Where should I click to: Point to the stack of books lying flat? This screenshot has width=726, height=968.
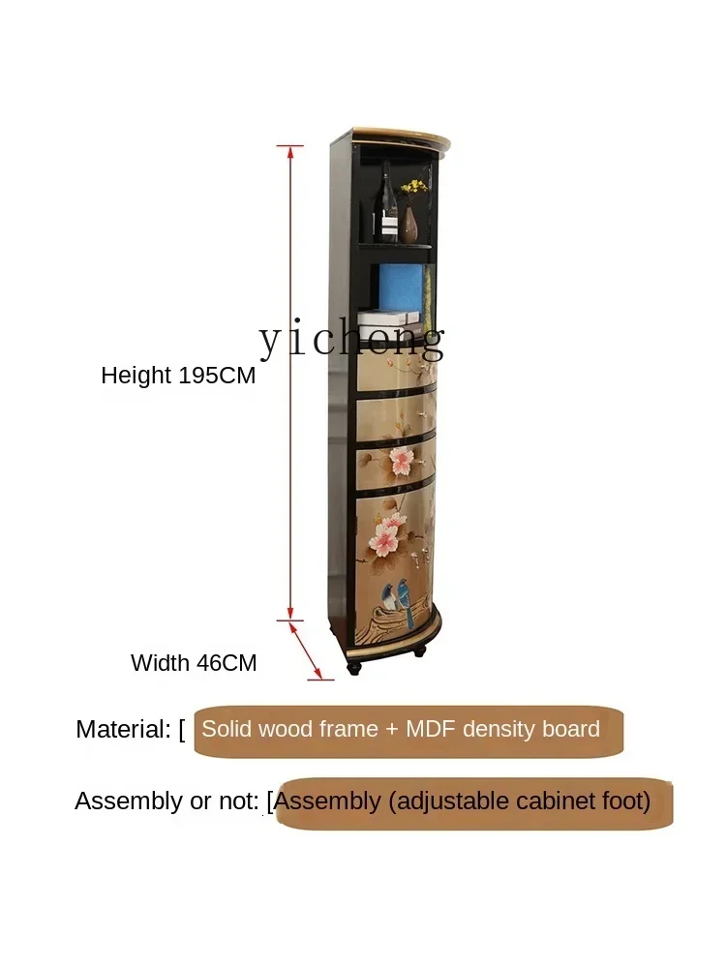pos(387,319)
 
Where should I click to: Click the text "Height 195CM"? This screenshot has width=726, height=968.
pos(178,376)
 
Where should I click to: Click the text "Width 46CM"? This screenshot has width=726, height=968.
pos(194,663)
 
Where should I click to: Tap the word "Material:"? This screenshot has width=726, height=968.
pos(123,730)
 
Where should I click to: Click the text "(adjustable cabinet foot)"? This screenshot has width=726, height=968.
pos(519,802)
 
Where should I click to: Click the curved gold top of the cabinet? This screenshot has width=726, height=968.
pos(397,136)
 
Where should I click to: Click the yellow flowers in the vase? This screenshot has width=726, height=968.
pos(415,186)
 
